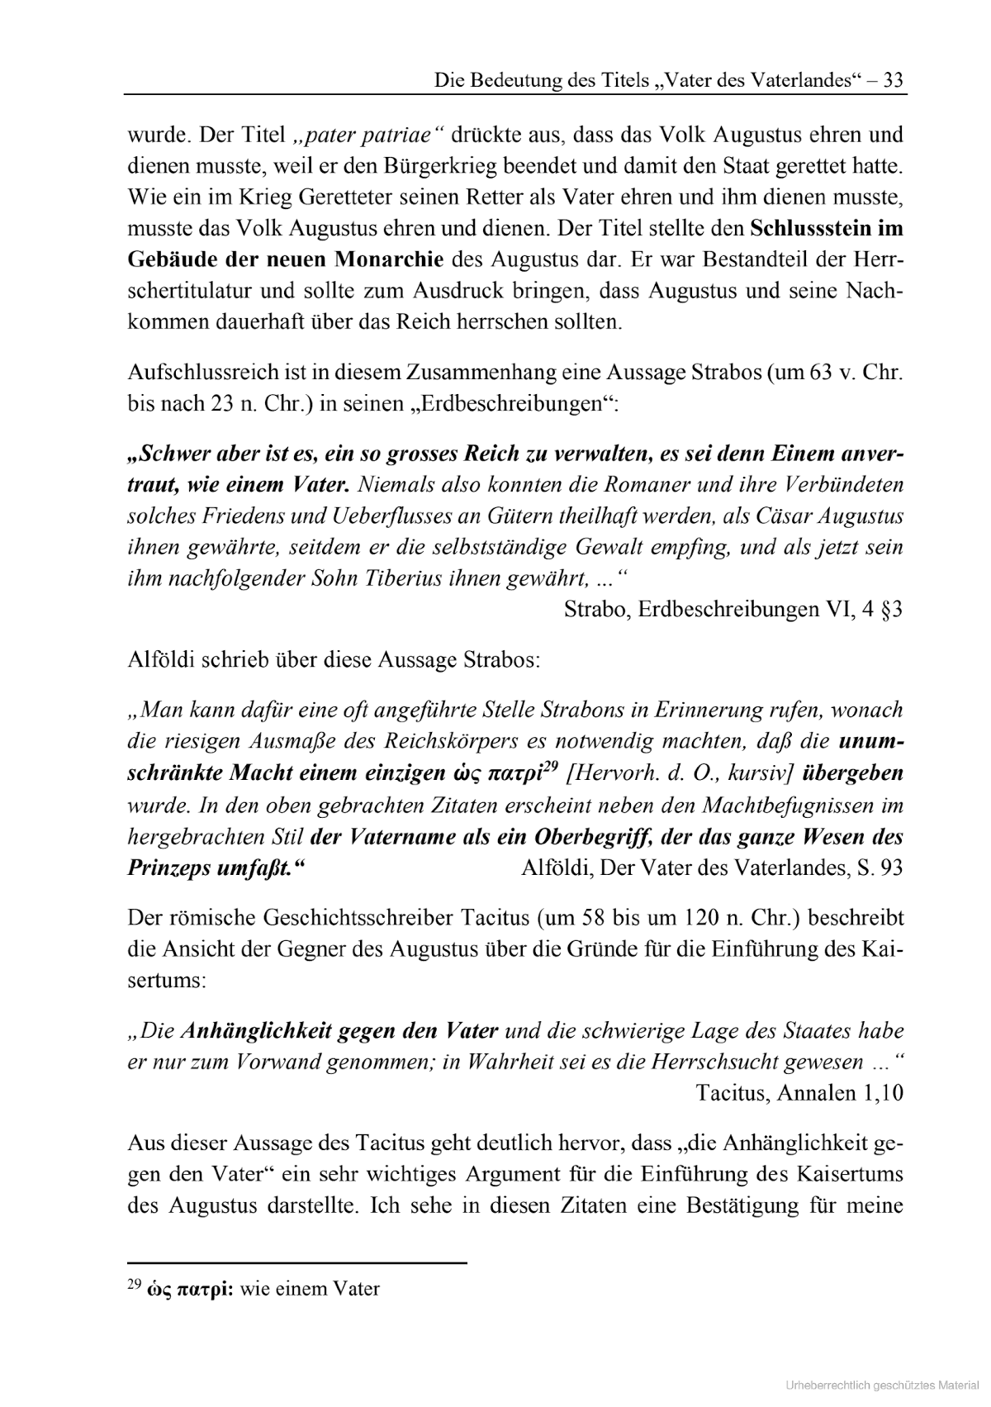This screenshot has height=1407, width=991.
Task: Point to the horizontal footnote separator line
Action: click(x=297, y=1262)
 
